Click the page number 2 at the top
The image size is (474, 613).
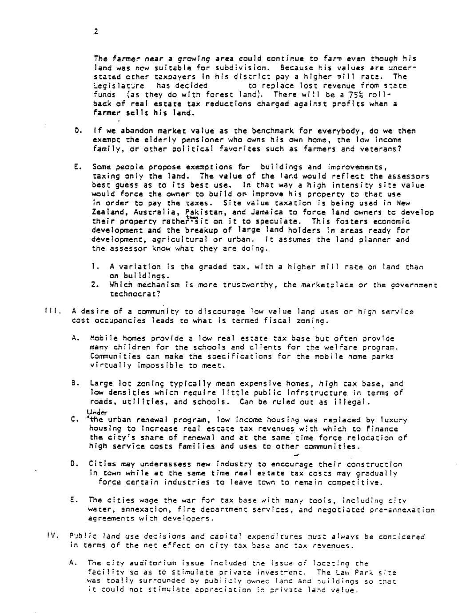[96, 31]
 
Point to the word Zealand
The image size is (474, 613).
[107, 212]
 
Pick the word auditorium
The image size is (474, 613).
[154, 563]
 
